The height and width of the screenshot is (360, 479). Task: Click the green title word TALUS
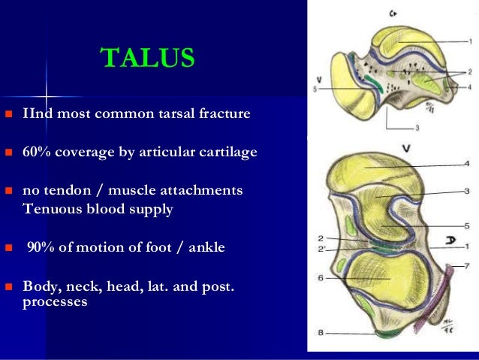(147, 57)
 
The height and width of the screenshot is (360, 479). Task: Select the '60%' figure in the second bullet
(36, 152)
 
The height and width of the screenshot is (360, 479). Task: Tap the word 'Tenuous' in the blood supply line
(49, 209)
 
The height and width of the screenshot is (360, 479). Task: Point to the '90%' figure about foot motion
(41, 248)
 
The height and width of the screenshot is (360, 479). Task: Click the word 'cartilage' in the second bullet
(228, 152)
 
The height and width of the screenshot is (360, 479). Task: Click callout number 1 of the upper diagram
(468, 41)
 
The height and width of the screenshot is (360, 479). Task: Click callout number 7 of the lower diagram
(468, 266)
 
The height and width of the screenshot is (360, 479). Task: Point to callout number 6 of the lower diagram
(321, 278)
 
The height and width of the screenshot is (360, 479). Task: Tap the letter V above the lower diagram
(406, 149)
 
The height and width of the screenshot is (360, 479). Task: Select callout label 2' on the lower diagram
(321, 249)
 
